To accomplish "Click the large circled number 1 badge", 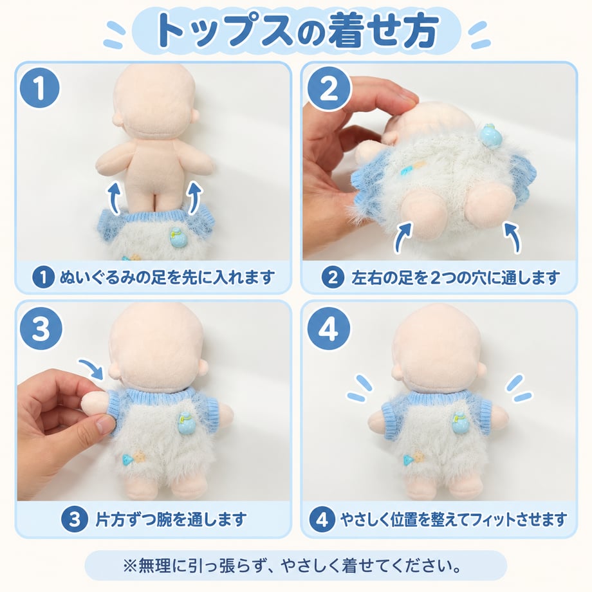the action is point(40,88).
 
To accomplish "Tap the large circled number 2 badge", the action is point(329,89).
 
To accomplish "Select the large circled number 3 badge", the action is point(41,328).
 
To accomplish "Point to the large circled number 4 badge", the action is point(328,328).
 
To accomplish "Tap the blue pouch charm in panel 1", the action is point(176,237).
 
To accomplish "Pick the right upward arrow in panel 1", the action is point(194,197).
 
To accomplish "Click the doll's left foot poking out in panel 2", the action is point(421,218).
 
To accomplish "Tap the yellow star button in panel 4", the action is point(417,458).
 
